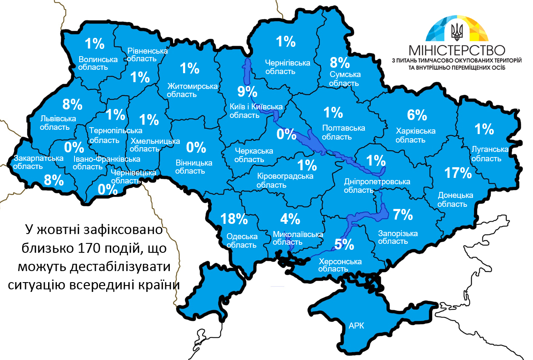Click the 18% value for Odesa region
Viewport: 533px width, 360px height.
[x=234, y=219]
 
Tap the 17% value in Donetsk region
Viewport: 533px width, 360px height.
[x=458, y=173]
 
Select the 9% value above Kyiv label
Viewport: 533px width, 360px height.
[x=247, y=91]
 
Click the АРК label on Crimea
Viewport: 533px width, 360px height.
[x=356, y=326]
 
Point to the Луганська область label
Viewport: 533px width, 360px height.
[x=490, y=154]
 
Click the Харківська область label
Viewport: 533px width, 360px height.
[x=416, y=135]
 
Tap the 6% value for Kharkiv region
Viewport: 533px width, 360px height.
[x=416, y=115]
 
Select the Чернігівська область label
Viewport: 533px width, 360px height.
[x=287, y=67]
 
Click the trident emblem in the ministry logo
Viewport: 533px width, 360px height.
[x=458, y=31]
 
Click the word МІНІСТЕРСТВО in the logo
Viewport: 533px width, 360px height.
[x=456, y=50]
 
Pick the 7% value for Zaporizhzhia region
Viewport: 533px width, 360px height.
[x=403, y=214]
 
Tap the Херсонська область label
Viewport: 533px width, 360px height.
[x=340, y=265]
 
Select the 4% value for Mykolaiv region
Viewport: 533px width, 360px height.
[x=290, y=219]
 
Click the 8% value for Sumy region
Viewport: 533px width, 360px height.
[x=340, y=63]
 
